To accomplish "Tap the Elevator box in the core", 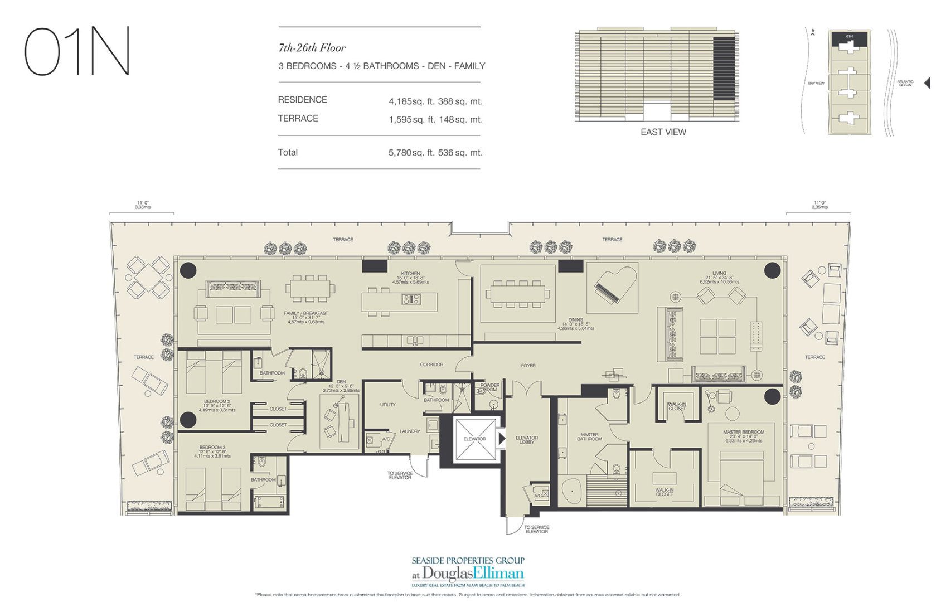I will pos(474,440).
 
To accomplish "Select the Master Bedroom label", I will pos(743,432).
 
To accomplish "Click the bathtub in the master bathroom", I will pos(572,492).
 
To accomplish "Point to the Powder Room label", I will pos(489,387).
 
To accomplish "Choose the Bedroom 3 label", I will pos(212,448).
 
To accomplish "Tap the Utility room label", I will pos(387,405).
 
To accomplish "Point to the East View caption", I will pos(663,132).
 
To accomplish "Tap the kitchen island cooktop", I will pos(411,300).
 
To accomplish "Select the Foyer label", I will pos(528,366).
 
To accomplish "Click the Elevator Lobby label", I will pos(526,440).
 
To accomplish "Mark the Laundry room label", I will pos(410,431).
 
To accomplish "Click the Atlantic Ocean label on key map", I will pos(905,84).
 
